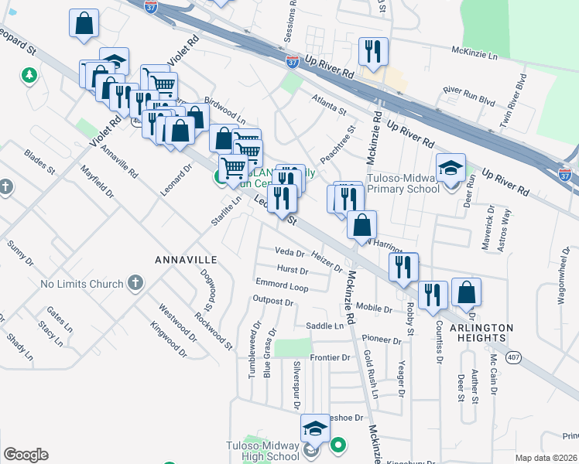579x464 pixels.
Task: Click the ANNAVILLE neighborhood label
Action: [x=185, y=259]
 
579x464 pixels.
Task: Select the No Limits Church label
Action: [x=81, y=284]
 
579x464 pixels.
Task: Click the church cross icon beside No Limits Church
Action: [x=135, y=283]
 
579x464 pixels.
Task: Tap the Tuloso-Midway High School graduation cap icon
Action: [x=316, y=428]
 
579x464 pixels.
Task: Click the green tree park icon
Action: [x=29, y=76]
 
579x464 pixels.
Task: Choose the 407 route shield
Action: [x=513, y=358]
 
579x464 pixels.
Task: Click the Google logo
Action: [x=26, y=455]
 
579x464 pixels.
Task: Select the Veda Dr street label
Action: [x=289, y=252]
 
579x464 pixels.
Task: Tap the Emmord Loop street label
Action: [x=282, y=286]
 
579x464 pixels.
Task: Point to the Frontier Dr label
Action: [x=331, y=357]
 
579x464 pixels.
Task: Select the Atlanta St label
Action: [x=330, y=105]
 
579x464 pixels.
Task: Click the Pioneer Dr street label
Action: [x=379, y=339]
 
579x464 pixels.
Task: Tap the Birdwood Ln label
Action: [x=225, y=112]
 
